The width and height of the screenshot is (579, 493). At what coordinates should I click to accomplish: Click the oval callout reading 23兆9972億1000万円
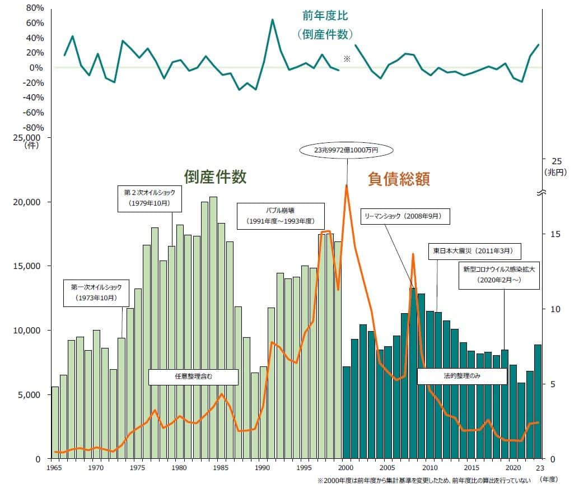click(x=347, y=150)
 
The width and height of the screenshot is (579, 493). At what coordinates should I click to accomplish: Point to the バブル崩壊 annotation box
click(x=280, y=215)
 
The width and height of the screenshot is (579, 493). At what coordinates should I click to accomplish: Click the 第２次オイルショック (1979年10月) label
click(x=150, y=197)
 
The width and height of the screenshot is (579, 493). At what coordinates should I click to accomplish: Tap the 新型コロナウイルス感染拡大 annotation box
click(x=499, y=274)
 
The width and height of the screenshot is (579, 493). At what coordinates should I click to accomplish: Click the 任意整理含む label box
click(x=193, y=376)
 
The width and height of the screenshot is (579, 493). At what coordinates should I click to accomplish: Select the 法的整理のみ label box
click(x=461, y=376)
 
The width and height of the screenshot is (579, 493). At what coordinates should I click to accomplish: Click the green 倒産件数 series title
click(x=215, y=177)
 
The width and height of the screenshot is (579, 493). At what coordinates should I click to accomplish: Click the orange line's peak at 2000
click(x=346, y=185)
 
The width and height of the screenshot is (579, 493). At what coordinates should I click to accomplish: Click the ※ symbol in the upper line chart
click(x=347, y=58)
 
